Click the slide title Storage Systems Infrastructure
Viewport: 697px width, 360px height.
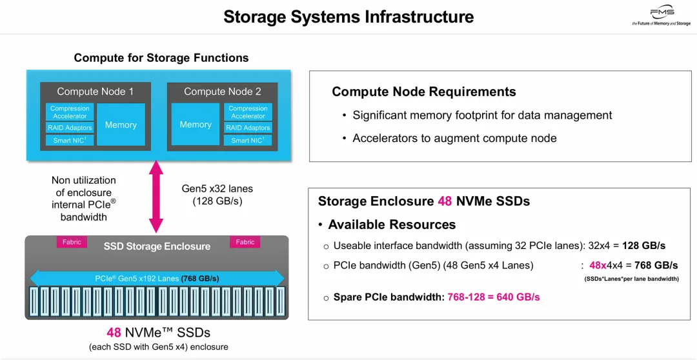point(348,16)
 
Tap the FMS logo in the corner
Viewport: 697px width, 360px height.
point(662,15)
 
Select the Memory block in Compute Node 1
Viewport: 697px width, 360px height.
point(121,125)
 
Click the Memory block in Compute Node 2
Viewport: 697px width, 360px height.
point(196,125)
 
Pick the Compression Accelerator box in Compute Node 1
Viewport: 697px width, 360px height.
point(69,112)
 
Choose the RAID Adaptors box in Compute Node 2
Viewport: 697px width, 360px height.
point(248,128)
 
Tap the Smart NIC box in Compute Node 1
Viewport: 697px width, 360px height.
point(69,140)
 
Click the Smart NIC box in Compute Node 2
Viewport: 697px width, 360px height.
point(248,140)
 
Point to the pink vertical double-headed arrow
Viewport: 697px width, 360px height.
point(156,197)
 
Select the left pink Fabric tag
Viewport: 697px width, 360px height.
point(72,242)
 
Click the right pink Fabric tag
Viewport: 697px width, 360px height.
point(245,242)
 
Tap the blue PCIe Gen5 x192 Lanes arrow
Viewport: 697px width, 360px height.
point(157,278)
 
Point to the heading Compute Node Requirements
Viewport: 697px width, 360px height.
point(424,92)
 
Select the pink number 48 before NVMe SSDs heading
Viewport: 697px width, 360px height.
point(445,201)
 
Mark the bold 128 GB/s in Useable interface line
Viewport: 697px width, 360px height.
point(643,246)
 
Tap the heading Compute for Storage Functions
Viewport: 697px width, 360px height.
point(161,58)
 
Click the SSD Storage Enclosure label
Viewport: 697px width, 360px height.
point(157,246)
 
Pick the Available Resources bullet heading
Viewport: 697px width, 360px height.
point(392,225)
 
